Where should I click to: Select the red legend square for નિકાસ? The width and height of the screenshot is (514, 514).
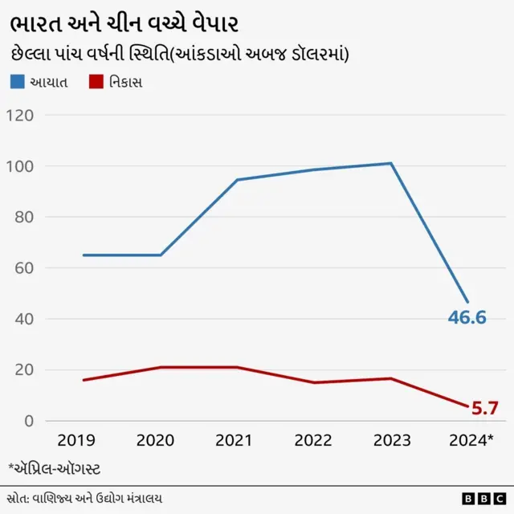(x=97, y=82)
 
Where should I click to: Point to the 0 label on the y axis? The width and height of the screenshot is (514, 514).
(x=28, y=421)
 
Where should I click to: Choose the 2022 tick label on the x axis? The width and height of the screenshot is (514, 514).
(x=313, y=441)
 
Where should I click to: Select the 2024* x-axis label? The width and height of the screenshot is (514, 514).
(x=469, y=441)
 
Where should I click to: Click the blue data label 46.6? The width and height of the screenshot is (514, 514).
(x=467, y=317)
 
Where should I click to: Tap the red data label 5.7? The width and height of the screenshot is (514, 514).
(x=484, y=409)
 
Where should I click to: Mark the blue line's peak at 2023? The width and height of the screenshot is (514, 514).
(x=390, y=164)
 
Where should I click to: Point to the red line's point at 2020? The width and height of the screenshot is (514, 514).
(x=161, y=367)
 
